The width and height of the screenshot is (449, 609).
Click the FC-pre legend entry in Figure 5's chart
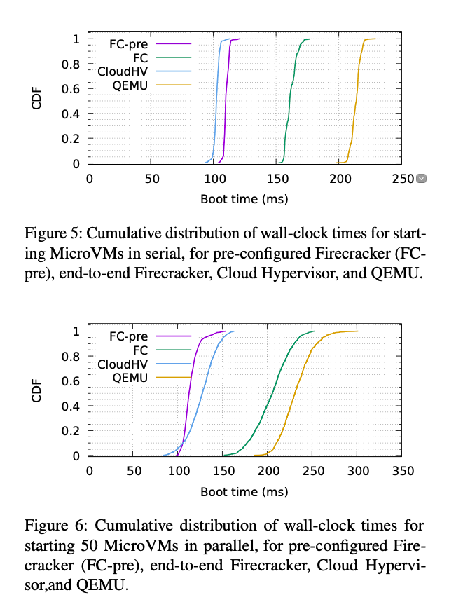[128, 43]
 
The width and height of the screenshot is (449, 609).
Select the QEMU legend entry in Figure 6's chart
[130, 378]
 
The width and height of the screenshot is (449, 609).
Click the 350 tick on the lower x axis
[402, 471]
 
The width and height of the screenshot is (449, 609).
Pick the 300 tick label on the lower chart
[357, 471]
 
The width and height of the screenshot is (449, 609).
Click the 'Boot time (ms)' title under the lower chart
[244, 491]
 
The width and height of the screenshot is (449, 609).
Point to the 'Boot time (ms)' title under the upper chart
[244, 199]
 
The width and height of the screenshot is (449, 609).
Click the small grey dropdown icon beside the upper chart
[421, 179]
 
